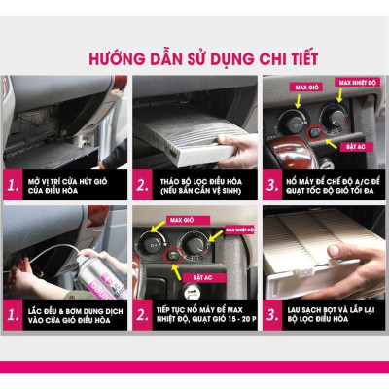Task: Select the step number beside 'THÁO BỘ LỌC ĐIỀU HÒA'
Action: [x=144, y=184]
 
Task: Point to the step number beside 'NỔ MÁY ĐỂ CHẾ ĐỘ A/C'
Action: [x=273, y=184]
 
